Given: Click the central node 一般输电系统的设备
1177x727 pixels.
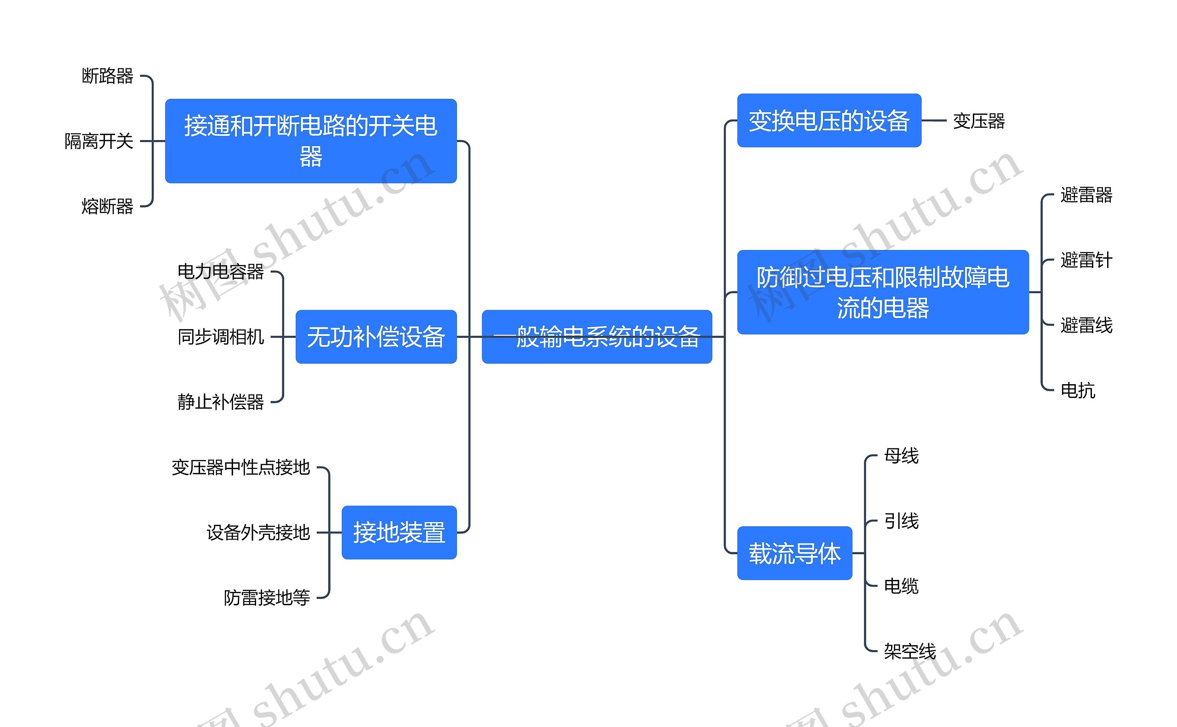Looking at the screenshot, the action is (x=596, y=336).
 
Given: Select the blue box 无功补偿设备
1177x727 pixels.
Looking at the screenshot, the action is (x=376, y=336).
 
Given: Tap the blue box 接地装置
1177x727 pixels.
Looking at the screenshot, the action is (x=399, y=532).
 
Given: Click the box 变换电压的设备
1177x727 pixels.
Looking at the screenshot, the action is (x=829, y=120).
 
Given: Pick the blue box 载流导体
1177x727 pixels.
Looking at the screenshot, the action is (x=794, y=553).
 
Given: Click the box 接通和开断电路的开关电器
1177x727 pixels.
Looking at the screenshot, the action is (x=310, y=141).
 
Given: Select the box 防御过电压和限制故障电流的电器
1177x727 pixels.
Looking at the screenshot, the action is (x=883, y=292).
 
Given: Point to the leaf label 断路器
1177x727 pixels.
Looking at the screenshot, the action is (x=107, y=76).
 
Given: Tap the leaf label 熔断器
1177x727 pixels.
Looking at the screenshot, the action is (x=107, y=206).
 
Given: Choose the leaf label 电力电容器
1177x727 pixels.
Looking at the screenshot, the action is (x=220, y=272).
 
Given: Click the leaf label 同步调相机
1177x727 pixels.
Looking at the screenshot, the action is (x=220, y=336).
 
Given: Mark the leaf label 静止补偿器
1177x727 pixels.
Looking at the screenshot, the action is (x=220, y=402).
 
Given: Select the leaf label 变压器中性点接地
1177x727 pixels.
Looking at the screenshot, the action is (x=240, y=467).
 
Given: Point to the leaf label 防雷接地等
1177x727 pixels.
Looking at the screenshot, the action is (x=267, y=598).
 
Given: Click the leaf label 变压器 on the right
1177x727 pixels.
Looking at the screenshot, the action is (x=979, y=121).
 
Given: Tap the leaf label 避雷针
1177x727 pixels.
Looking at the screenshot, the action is (x=1086, y=260).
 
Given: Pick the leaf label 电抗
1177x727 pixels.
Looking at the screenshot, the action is (x=1077, y=391).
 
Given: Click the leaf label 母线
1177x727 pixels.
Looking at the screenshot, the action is (x=901, y=456).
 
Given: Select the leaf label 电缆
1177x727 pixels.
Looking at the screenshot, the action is (x=901, y=586).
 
